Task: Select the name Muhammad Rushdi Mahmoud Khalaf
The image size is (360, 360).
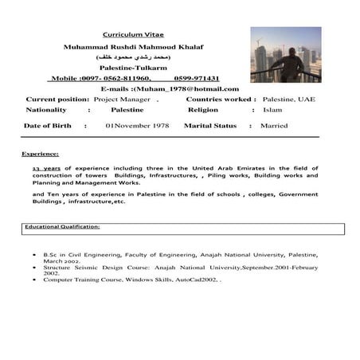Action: point(133,48)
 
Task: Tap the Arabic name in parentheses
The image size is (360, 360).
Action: point(133,58)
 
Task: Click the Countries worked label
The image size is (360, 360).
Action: point(221,100)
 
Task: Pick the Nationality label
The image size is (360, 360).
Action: point(46,110)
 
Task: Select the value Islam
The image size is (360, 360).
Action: point(272,110)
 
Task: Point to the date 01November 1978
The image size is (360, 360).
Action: point(138,126)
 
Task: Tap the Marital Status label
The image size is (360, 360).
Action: point(212,126)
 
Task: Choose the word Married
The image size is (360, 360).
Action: point(275,126)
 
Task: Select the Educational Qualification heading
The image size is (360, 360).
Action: point(62,227)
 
